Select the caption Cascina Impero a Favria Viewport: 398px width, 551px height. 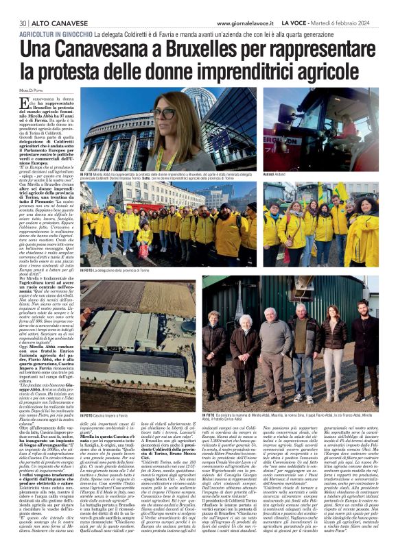pos(104,415)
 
